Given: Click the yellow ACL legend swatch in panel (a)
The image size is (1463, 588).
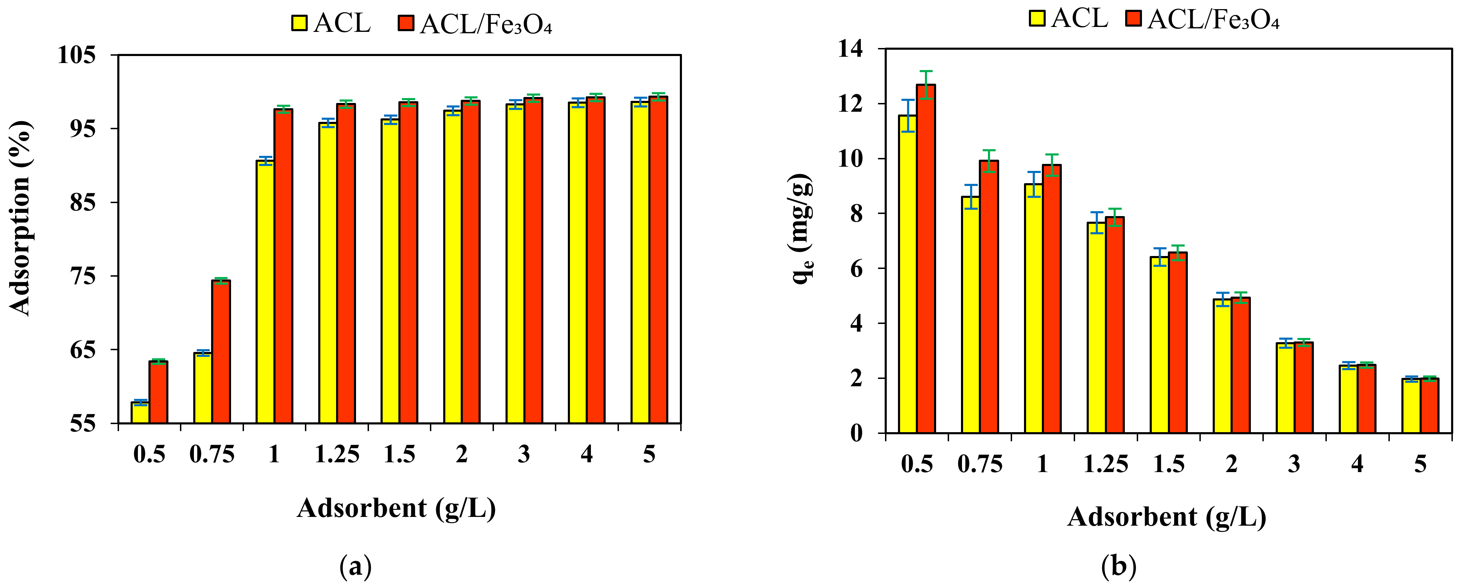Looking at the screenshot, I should click(299, 23).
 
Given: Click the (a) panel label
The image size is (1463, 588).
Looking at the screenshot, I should click(356, 567).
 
